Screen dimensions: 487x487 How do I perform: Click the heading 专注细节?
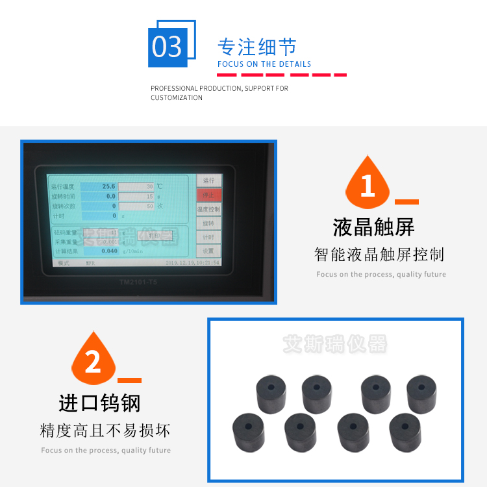(256, 47)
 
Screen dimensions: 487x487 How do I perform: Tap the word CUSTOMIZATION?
(177, 98)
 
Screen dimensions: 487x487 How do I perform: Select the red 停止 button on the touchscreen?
(208, 195)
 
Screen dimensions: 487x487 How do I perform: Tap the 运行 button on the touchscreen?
(208, 181)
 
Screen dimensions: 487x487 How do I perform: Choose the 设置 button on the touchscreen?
(208, 251)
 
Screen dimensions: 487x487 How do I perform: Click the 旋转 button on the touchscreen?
(208, 223)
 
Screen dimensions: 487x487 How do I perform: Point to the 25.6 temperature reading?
(108, 186)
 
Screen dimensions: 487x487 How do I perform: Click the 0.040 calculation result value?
(109, 250)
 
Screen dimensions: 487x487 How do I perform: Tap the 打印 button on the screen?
(155, 235)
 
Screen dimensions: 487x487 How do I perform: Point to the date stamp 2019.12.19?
(193, 262)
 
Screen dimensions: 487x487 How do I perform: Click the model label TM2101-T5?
(138, 282)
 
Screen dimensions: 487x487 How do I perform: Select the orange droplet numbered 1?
(368, 183)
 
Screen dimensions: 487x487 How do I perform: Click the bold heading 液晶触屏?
(373, 227)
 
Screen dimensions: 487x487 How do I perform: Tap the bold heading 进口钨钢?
(99, 403)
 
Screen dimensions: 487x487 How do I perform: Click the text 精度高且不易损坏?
(105, 431)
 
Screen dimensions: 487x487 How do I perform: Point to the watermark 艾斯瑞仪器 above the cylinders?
(334, 343)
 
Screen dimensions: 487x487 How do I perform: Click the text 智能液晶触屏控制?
(379, 255)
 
